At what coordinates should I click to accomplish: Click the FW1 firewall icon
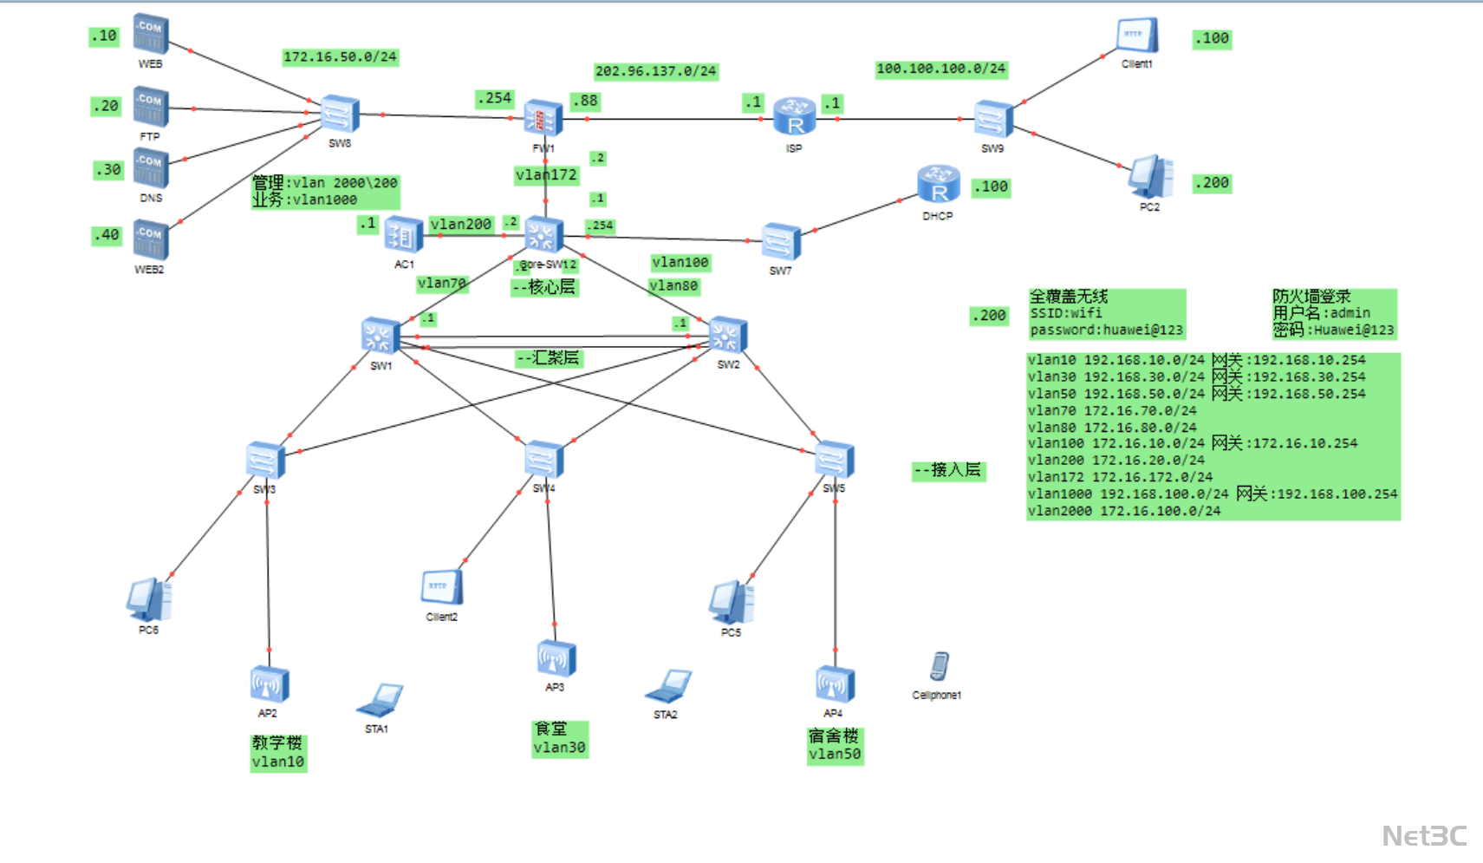(543, 117)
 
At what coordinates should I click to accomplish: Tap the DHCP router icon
(938, 185)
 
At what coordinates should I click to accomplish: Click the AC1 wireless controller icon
(403, 235)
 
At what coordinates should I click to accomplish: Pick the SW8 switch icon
(340, 114)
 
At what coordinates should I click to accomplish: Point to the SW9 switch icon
(993, 120)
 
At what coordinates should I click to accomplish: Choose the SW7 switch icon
(781, 242)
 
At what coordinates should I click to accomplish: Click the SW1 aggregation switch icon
(381, 337)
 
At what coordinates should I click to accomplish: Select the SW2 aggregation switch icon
(728, 336)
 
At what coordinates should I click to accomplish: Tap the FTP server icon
(151, 108)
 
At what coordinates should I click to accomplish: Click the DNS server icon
(151, 168)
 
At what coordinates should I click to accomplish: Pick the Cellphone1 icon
(939, 667)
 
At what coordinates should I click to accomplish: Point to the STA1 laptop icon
(381, 700)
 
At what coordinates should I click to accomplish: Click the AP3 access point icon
(556, 659)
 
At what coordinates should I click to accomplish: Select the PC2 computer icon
(1150, 177)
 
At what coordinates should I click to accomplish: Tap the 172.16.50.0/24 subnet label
(340, 57)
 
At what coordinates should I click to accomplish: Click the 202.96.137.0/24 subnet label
(655, 71)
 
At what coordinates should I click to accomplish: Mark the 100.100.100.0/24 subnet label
(940, 69)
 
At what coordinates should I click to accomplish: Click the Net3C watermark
(1424, 836)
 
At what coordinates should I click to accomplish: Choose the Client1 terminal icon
(1136, 37)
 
